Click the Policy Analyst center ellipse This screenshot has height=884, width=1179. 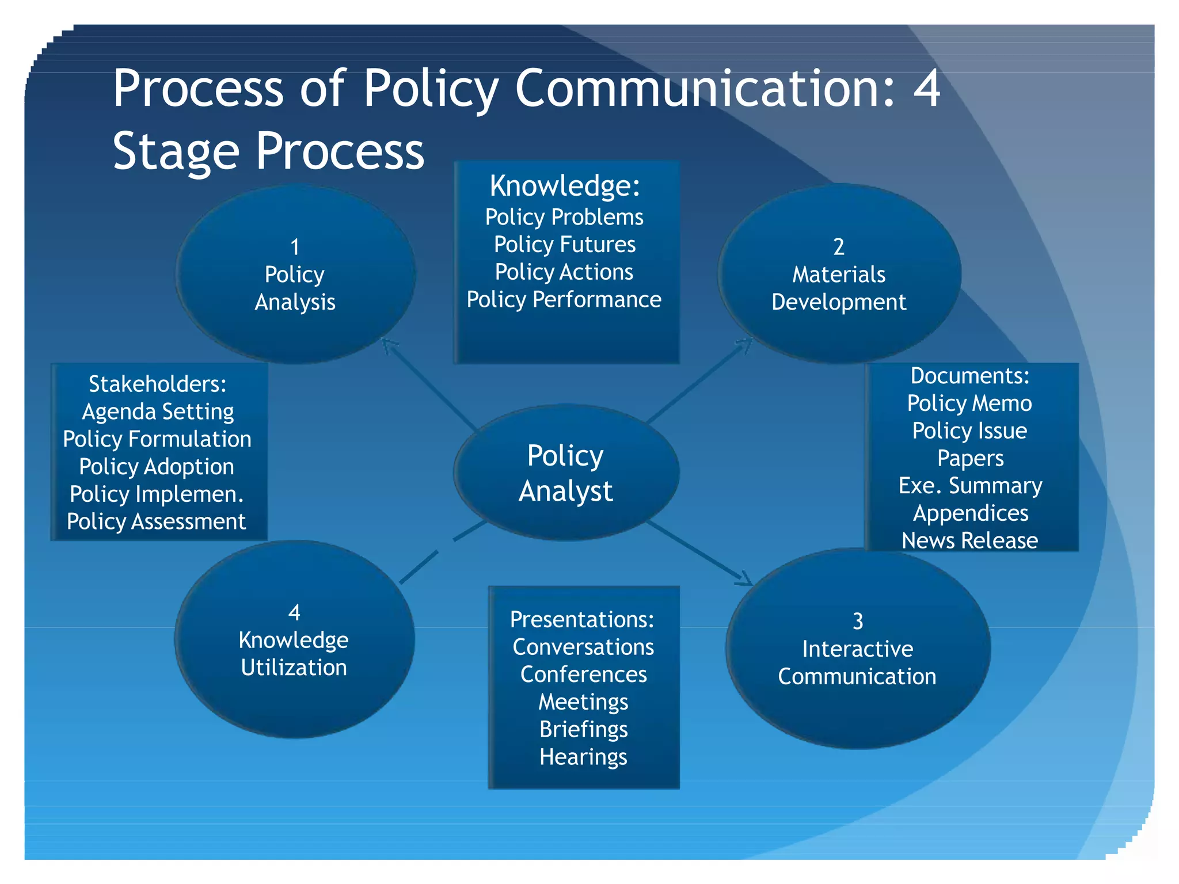[566, 473]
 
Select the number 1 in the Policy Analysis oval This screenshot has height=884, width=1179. [295, 247]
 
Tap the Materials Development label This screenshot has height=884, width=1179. [839, 288]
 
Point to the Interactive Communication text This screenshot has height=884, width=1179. [857, 662]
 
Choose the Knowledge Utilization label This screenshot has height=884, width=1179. [294, 654]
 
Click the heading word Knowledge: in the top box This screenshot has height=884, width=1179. [565, 186]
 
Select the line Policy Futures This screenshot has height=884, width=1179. [565, 245]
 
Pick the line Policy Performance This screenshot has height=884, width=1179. [564, 300]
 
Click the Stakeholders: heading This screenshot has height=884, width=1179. [157, 384]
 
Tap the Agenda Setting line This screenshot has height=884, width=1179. [158, 411]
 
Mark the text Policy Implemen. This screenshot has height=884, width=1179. [157, 494]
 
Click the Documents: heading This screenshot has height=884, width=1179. [970, 376]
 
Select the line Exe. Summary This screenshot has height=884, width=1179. [970, 486]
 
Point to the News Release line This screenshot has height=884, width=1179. [970, 540]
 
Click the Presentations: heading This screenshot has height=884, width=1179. [582, 619]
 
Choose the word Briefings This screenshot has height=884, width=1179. [583, 729]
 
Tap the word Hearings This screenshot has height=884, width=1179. [583, 757]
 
